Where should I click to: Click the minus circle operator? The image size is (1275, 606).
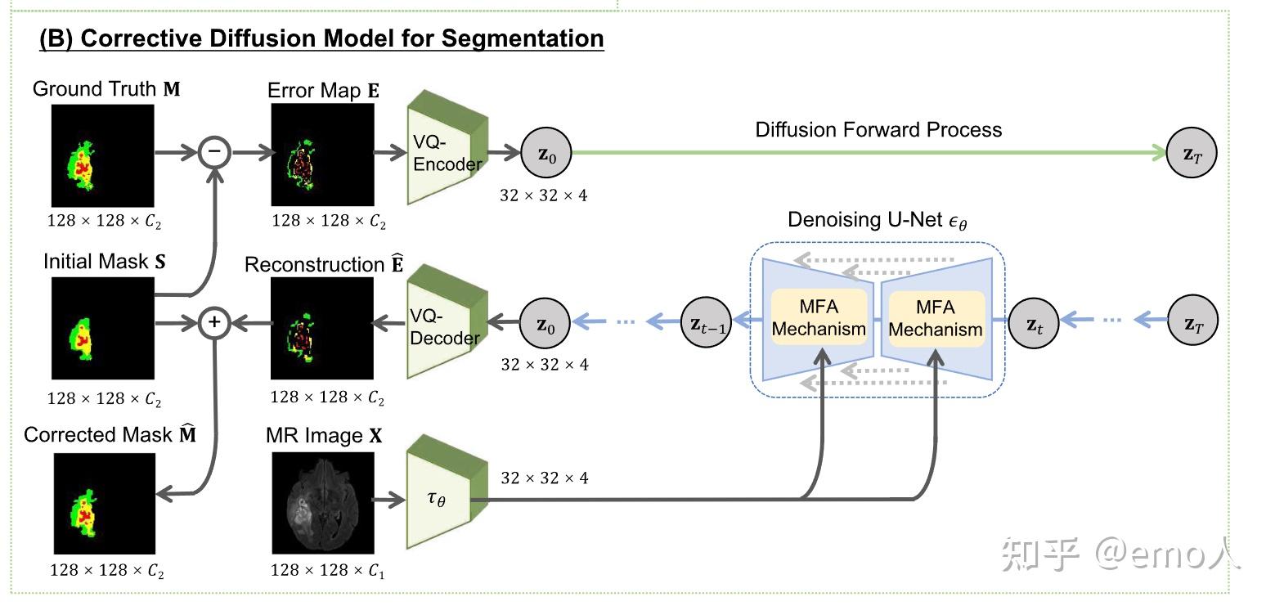click(215, 151)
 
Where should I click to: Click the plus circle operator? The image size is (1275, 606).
click(215, 322)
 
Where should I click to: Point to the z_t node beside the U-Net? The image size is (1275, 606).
click(1034, 322)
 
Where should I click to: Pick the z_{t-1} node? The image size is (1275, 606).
click(706, 322)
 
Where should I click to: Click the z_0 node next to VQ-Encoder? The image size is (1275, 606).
click(546, 151)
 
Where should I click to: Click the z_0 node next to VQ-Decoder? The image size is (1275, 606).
click(546, 322)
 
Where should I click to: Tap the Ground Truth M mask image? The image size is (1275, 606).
click(103, 155)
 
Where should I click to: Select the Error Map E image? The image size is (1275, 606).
click(322, 155)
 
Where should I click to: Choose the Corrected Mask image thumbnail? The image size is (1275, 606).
click(104, 503)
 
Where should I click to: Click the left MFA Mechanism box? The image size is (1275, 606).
click(819, 317)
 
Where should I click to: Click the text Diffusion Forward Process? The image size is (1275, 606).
click(878, 129)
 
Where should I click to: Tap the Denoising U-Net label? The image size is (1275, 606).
click(877, 220)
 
